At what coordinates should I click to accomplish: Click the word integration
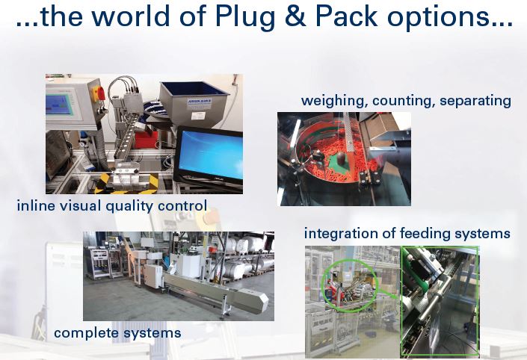(343, 234)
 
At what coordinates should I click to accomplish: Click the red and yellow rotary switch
(96, 93)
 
